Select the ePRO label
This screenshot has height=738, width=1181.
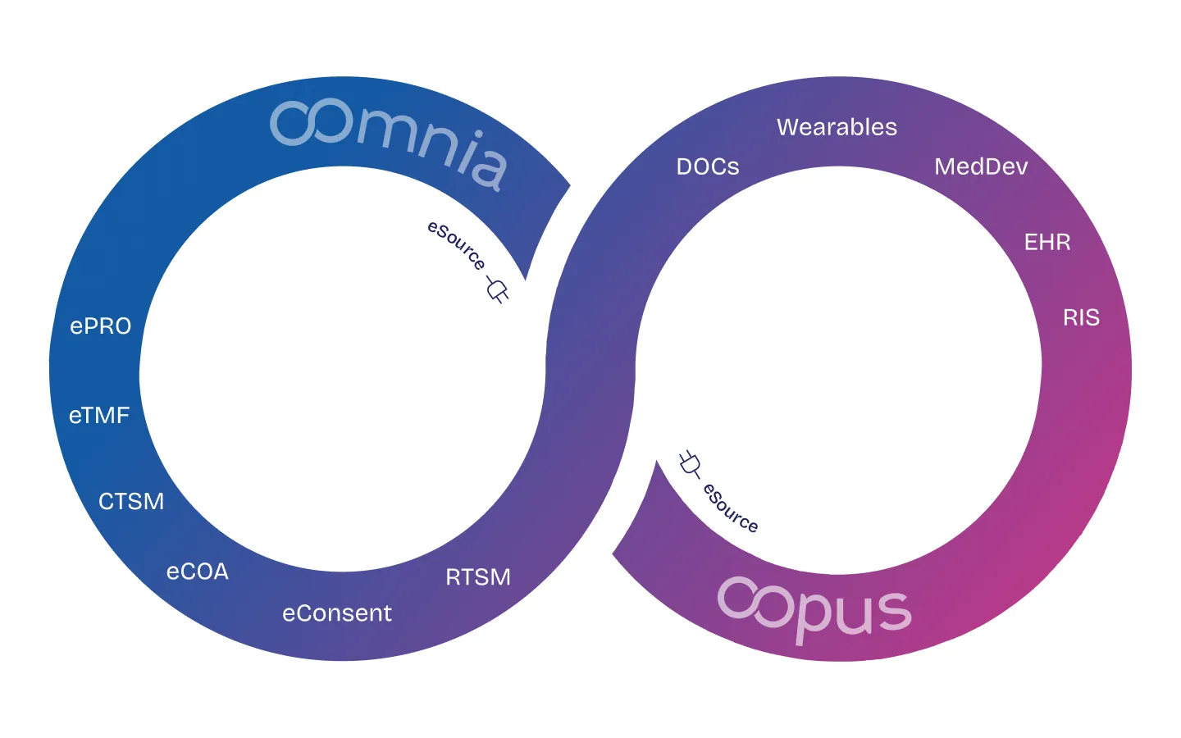101,326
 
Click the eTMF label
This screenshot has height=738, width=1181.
99,416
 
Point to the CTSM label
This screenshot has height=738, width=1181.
131,501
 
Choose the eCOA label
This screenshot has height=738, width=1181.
198,572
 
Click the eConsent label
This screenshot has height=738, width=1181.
337,613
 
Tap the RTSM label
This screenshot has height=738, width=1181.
478,577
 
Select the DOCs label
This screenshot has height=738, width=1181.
708,167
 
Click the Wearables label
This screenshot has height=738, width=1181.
837,127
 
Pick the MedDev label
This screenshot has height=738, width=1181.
981,167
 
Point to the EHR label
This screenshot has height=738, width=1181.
1047,243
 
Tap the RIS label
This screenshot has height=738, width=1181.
1081,318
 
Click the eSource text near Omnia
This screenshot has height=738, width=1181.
457,244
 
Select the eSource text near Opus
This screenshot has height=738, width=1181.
731,508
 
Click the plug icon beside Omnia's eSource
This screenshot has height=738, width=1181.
497,289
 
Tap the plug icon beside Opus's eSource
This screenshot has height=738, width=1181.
690,464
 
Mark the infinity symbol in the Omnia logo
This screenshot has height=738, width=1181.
300,123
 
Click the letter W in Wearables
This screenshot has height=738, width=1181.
787,127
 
